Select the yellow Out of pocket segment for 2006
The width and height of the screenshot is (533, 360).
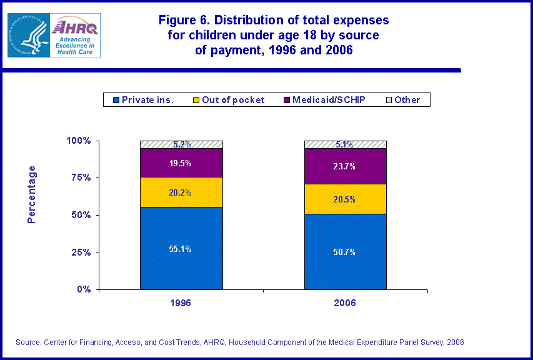[345, 199]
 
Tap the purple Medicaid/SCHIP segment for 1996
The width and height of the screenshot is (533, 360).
[181, 163]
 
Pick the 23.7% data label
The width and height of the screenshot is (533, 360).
[345, 166]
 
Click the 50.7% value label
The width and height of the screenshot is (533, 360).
[345, 252]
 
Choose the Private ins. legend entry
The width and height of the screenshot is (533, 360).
[143, 100]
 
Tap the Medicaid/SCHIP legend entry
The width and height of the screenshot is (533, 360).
[325, 100]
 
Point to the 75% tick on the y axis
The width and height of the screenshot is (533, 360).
[79, 177]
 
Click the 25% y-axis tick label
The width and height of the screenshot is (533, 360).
[79, 252]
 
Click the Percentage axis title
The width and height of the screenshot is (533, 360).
[32, 194]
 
